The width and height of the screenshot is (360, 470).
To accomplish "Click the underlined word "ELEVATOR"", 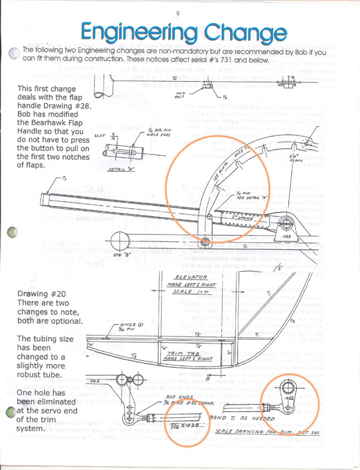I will [x=191, y=278].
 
